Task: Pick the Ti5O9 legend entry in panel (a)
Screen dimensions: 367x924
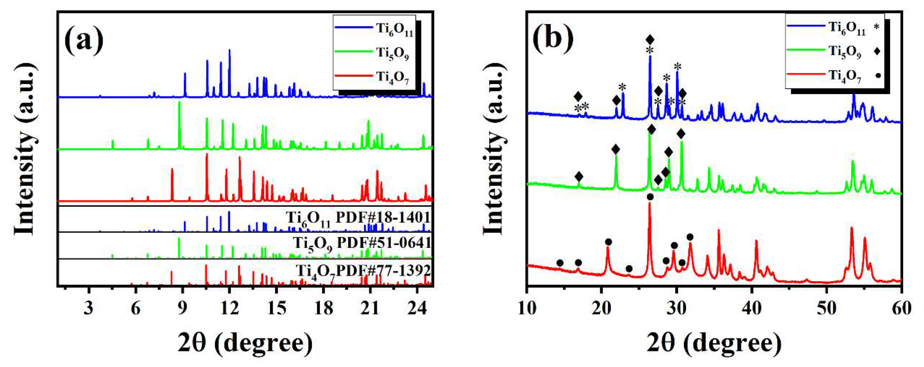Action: pyautogui.click(x=392, y=53)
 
